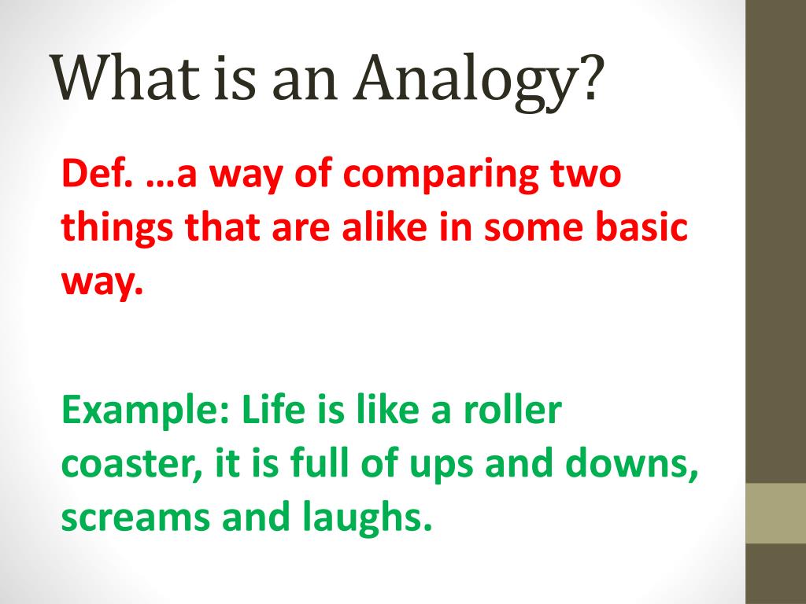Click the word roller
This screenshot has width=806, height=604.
pyautogui.click(x=516, y=411)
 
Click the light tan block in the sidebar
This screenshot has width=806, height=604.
pyautogui.click(x=775, y=513)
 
